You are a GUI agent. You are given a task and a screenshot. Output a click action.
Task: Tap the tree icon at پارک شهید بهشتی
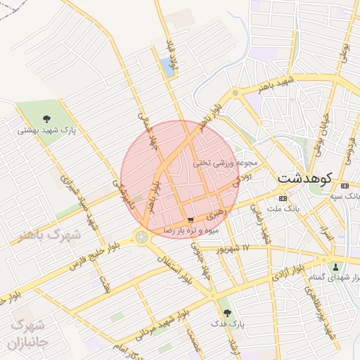(x=46, y=119)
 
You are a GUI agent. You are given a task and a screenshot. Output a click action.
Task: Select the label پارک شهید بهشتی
(x=46, y=130)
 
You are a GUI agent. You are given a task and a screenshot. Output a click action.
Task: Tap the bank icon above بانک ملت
(x=283, y=198)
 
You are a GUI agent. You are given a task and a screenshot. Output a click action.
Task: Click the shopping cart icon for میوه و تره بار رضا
(x=191, y=220)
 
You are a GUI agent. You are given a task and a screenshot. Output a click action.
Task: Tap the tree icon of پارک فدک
(x=226, y=313)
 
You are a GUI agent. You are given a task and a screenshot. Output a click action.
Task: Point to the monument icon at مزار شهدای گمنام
(x=335, y=267)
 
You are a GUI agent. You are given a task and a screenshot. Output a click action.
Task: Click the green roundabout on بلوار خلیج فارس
(x=143, y=237)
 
